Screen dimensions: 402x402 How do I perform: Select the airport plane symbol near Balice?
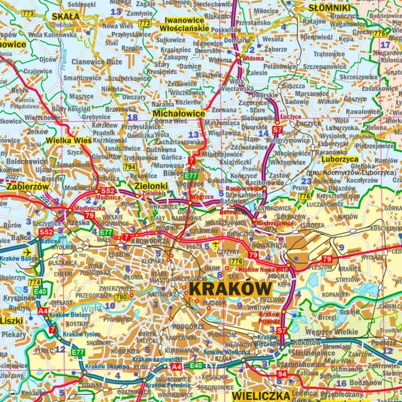click(x=28, y=252)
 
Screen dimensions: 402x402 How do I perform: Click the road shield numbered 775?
click(x=380, y=34)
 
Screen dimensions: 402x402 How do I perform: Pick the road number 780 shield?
click(x=122, y=297)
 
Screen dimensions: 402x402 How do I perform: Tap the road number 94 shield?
click(x=282, y=373)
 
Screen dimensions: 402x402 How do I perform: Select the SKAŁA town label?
click(x=65, y=16)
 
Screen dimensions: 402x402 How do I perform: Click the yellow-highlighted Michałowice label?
click(x=178, y=114)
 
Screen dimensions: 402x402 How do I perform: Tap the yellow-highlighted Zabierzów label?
click(x=27, y=187)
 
